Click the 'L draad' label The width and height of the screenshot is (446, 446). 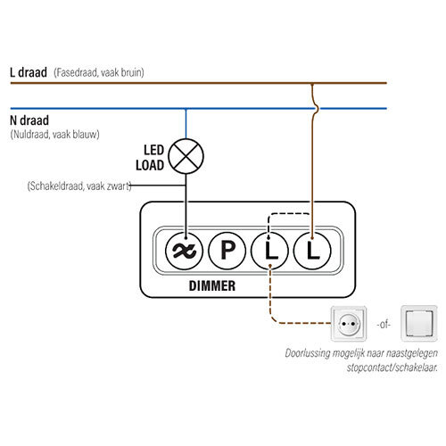pos(29,71)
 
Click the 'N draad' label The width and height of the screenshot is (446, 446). pos(29,120)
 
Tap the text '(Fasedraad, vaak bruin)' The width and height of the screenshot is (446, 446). pos(98,71)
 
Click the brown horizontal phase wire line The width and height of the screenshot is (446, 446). pos(134,83)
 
